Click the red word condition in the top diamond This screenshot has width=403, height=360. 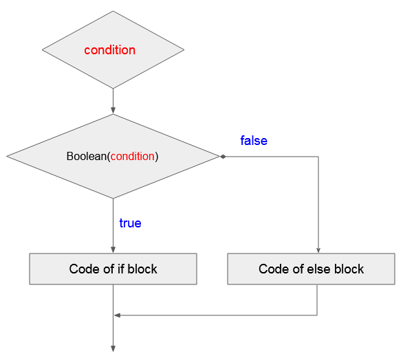pyautogui.click(x=110, y=50)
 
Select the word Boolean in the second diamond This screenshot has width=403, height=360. pyautogui.click(x=87, y=156)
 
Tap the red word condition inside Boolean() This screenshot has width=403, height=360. pyautogui.click(x=133, y=157)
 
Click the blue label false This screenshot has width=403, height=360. pyautogui.click(x=254, y=141)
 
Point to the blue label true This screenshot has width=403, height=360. pyautogui.click(x=130, y=223)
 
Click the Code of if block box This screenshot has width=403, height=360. pyautogui.click(x=113, y=269)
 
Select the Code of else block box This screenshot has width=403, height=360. pyautogui.click(x=311, y=269)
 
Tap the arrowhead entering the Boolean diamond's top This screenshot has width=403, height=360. pyautogui.click(x=113, y=111)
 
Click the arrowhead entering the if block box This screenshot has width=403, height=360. pyautogui.click(x=113, y=250)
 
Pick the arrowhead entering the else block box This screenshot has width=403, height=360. pyautogui.click(x=318, y=250)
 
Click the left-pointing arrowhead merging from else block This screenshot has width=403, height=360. pyautogui.click(x=117, y=315)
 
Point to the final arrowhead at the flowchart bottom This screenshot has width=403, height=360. pyautogui.click(x=113, y=348)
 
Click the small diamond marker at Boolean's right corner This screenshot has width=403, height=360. pyautogui.click(x=223, y=157)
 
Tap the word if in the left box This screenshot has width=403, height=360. pyautogui.click(x=121, y=269)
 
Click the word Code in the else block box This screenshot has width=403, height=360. pyautogui.click(x=274, y=269)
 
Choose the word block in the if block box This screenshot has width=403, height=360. pyautogui.click(x=142, y=269)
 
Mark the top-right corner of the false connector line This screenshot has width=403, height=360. pyautogui.click(x=318, y=157)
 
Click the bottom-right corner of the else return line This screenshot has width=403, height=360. pyautogui.click(x=317, y=315)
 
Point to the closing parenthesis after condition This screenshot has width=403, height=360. pyautogui.click(x=157, y=157)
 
